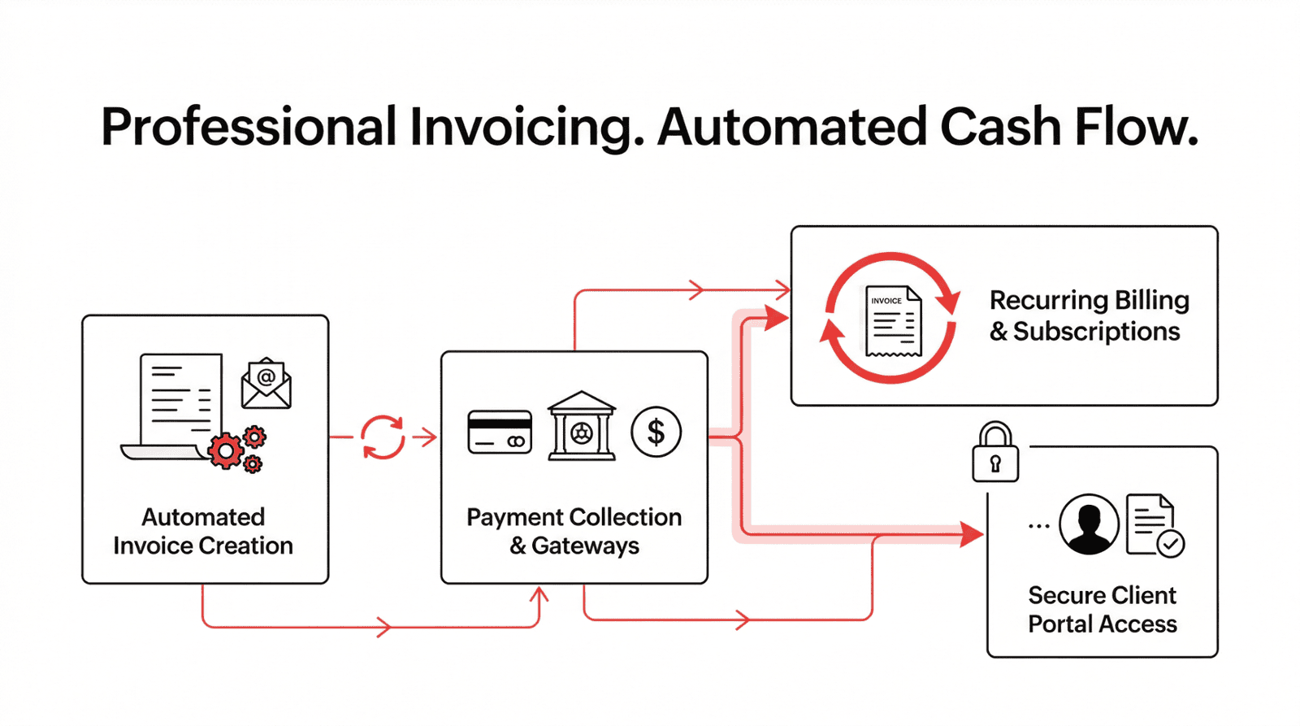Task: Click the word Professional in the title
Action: (248, 128)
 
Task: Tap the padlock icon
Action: (995, 453)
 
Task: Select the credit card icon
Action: (500, 432)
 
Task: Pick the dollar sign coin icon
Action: (656, 432)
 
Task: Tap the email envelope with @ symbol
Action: (266, 383)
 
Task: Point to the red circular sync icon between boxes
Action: (383, 437)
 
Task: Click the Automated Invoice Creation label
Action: (203, 531)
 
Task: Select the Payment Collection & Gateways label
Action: (574, 531)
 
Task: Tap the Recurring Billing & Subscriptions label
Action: (1089, 315)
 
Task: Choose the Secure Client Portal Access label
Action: (1102, 610)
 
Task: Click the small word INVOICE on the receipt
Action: (886, 301)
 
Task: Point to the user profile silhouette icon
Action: (1089, 524)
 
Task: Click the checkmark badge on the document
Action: (1171, 543)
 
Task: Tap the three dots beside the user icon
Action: (1038, 526)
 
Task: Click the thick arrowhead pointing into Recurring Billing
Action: (777, 318)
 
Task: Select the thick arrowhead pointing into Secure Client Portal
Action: (971, 534)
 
